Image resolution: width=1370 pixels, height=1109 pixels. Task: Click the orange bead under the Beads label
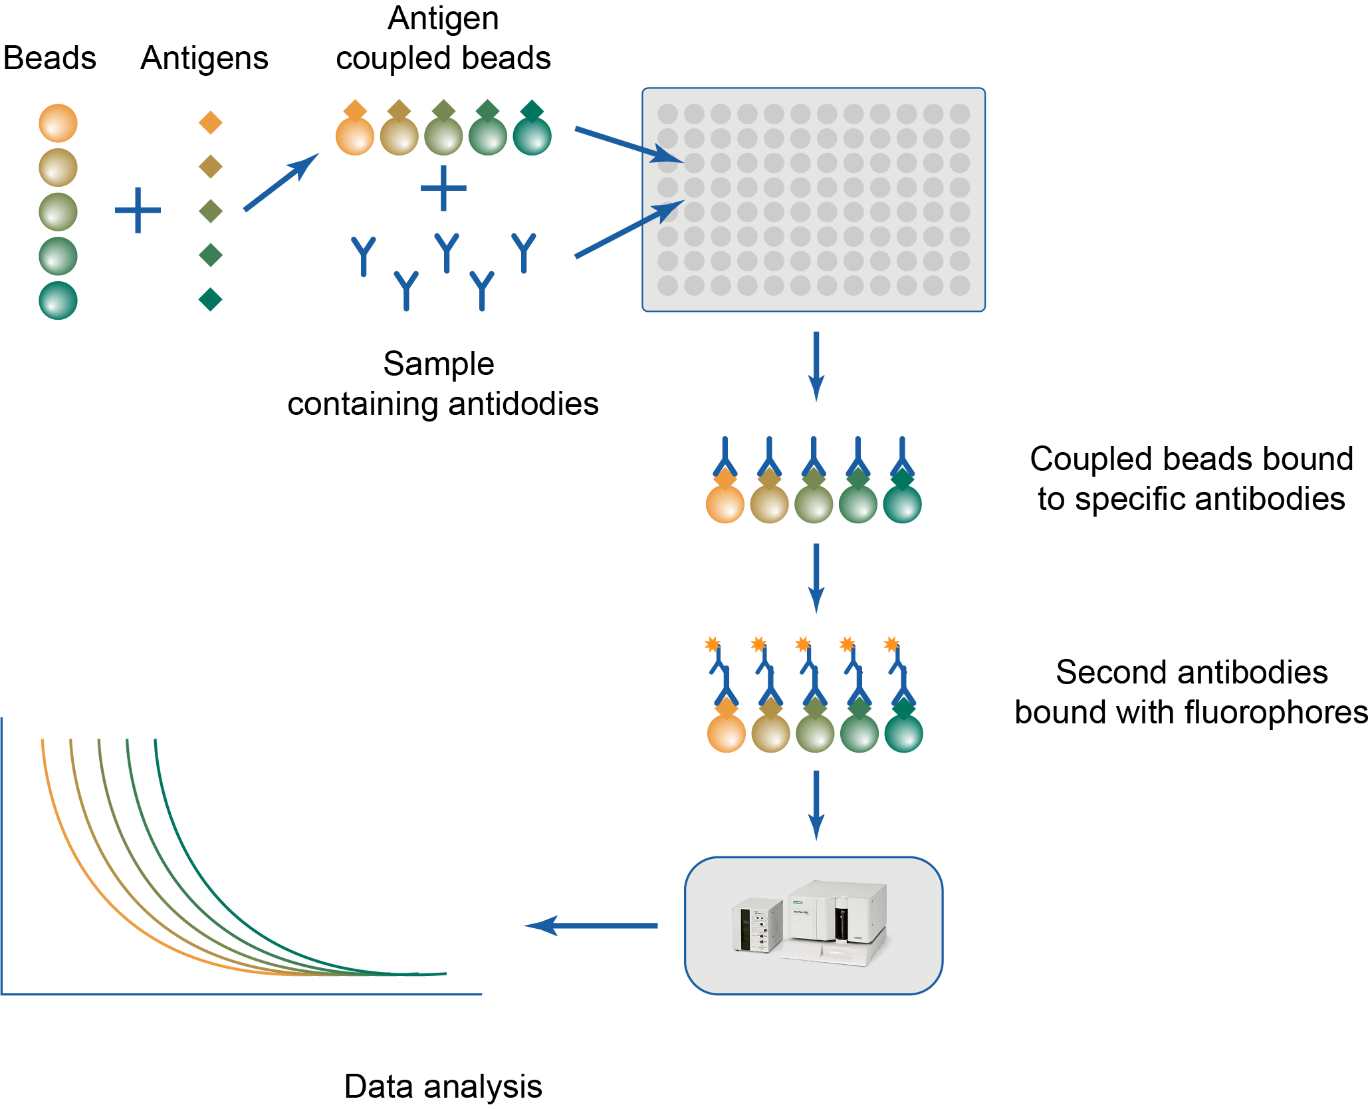(x=58, y=123)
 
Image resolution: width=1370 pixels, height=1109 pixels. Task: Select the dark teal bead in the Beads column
(x=58, y=301)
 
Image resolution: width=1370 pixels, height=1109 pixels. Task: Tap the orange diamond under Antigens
(x=210, y=122)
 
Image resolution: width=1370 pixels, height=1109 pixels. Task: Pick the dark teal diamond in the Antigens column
(x=210, y=299)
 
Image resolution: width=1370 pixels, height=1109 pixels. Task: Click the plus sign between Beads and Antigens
(x=138, y=210)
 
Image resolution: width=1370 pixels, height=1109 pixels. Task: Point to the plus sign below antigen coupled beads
(x=443, y=188)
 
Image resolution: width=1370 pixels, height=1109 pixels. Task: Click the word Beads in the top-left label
(x=50, y=58)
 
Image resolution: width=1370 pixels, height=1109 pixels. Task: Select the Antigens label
(x=204, y=58)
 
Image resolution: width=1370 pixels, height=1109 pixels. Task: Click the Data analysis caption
(x=443, y=1086)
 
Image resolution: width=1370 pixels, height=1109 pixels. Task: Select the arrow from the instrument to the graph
(x=591, y=925)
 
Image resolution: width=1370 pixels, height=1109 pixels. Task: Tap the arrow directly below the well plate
(x=816, y=366)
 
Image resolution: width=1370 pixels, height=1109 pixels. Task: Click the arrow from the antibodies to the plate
(x=629, y=229)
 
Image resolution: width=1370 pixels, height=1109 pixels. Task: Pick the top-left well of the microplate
(x=667, y=114)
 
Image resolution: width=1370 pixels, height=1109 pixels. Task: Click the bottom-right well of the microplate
(x=959, y=286)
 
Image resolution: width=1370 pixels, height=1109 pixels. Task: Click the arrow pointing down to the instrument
(x=816, y=805)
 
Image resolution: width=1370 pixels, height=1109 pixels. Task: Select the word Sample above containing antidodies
(x=439, y=364)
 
